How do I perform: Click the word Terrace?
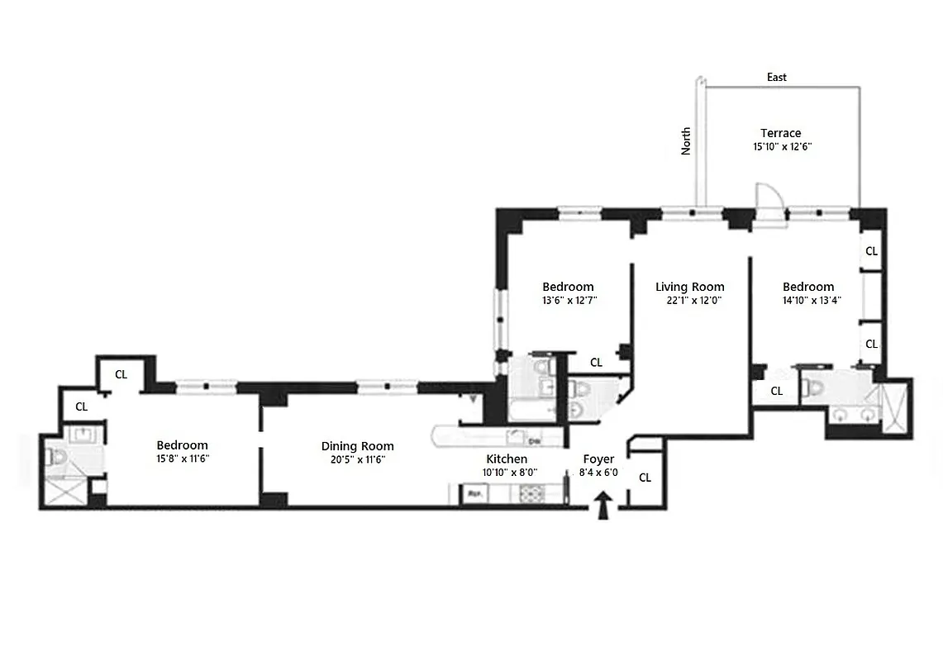point(780,133)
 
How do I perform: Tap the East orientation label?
point(776,77)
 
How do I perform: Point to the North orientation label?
point(686,140)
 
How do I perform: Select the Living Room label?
point(689,287)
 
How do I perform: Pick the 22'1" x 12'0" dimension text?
point(689,301)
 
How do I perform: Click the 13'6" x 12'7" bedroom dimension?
point(569,301)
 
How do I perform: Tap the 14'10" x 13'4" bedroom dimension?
point(808,301)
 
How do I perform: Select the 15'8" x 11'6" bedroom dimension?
point(182,459)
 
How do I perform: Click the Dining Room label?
point(357,446)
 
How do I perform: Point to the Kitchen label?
point(506,459)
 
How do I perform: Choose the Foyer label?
point(598,459)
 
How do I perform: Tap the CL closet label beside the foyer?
point(645,478)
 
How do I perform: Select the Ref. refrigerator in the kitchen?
point(475,494)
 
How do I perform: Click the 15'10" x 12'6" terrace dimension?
point(780,146)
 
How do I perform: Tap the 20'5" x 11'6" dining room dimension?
point(357,459)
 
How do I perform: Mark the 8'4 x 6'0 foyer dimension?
point(598,473)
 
